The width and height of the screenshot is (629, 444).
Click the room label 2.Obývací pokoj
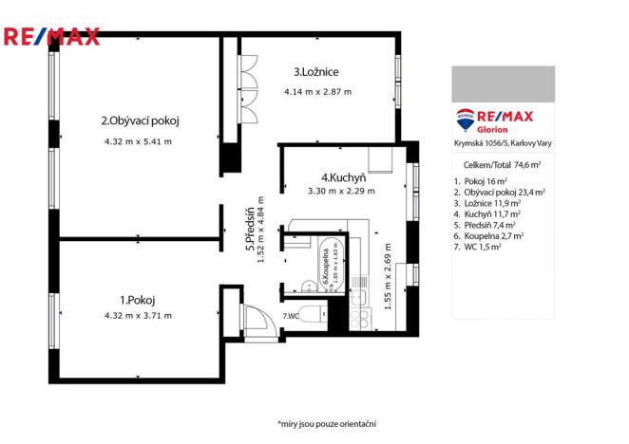(x=141, y=120)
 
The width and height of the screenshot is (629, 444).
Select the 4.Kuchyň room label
(x=337, y=176)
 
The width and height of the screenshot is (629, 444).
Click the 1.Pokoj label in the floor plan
(x=138, y=300)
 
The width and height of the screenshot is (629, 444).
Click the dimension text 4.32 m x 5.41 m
(x=139, y=141)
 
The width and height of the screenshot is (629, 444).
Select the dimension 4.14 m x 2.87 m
(x=317, y=92)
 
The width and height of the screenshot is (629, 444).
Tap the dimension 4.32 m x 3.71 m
(x=139, y=316)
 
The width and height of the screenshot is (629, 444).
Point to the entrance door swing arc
(x=257, y=320)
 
